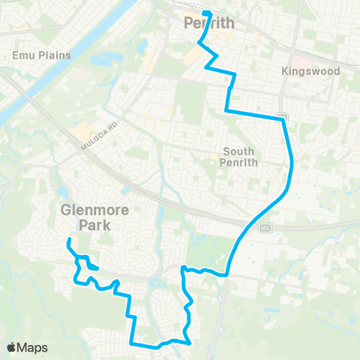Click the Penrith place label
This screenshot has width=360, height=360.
pyautogui.click(x=209, y=23)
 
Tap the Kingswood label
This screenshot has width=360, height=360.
pyautogui.click(x=310, y=71)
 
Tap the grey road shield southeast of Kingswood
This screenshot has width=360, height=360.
pyautogui.click(x=281, y=117)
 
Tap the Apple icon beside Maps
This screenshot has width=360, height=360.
pyautogui.click(x=11, y=347)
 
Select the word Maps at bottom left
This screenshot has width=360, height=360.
pyautogui.click(x=32, y=347)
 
